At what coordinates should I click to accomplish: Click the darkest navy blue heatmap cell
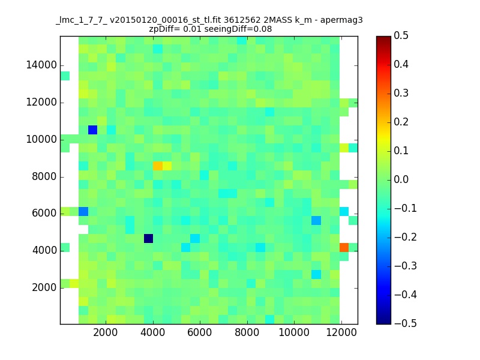[x=148, y=238]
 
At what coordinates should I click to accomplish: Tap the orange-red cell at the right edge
[x=344, y=247]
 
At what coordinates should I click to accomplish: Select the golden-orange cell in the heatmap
[x=158, y=166]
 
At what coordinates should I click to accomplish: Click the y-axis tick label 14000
[x=41, y=65]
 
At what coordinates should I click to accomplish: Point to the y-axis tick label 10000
[x=41, y=140]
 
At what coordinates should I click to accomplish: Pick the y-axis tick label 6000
[x=44, y=214]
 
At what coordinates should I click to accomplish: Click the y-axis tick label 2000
[x=44, y=288]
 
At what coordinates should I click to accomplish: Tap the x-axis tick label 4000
[x=153, y=332]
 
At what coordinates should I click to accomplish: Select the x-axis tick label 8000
[x=247, y=332]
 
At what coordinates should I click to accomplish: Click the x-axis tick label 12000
[x=341, y=332]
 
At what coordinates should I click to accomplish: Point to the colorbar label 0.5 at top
[x=401, y=35]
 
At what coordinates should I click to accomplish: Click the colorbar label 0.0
[x=401, y=179]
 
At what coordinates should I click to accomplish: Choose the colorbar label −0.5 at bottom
[x=406, y=323]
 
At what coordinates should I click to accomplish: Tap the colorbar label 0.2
[x=401, y=122]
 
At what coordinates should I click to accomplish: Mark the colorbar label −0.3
[x=406, y=266]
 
